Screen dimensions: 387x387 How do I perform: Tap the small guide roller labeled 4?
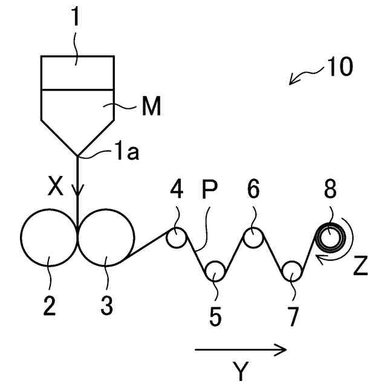tap(177, 238)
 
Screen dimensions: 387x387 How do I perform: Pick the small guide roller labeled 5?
tap(214, 272)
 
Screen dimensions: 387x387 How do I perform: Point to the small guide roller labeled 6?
tap(252, 238)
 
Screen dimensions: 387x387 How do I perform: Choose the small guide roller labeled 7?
tap(291, 272)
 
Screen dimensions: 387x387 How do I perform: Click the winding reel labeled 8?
tap(331, 238)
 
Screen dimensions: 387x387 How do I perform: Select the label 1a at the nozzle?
tap(127, 153)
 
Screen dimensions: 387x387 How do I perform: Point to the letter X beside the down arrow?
tap(56, 189)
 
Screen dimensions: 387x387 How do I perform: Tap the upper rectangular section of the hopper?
tap(77, 73)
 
